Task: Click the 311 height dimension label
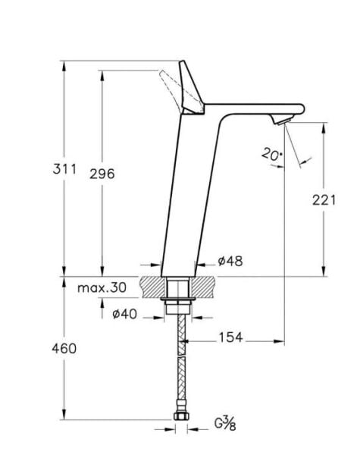66,170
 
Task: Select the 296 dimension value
102,174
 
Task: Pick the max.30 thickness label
103,287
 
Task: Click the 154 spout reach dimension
230,337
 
